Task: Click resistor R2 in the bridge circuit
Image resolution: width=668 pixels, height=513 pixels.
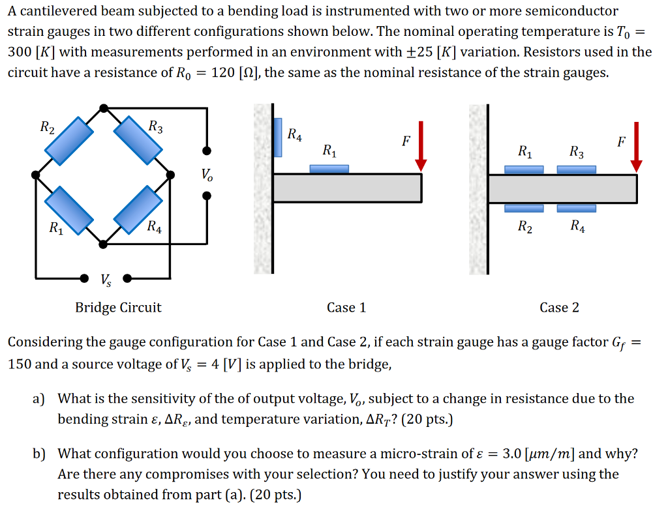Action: pyautogui.click(x=70, y=141)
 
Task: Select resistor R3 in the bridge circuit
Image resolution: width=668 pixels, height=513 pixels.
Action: pyautogui.click(x=138, y=141)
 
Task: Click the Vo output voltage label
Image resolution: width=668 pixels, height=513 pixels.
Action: pyautogui.click(x=206, y=175)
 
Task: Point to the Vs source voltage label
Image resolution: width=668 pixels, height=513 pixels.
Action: pyautogui.click(x=105, y=280)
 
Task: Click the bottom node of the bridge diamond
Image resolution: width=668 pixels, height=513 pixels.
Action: pyautogui.click(x=104, y=244)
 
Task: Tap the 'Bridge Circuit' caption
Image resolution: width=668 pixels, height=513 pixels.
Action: pyautogui.click(x=118, y=308)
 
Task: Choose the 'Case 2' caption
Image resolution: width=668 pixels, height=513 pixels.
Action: pyautogui.click(x=559, y=308)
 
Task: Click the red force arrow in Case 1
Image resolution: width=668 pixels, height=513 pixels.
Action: pyautogui.click(x=421, y=146)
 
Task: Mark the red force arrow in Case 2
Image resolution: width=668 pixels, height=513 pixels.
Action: pyautogui.click(x=636, y=146)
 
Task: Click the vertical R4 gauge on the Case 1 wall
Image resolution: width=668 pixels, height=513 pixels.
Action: pyautogui.click(x=278, y=138)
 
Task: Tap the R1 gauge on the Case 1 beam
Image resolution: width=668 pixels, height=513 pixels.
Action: pyautogui.click(x=329, y=169)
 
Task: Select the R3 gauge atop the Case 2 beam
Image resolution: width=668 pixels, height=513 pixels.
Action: pyautogui.click(x=576, y=169)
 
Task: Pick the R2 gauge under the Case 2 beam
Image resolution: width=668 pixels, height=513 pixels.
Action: pyautogui.click(x=524, y=209)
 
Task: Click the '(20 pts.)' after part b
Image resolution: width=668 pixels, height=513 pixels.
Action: pyautogui.click(x=269, y=495)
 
